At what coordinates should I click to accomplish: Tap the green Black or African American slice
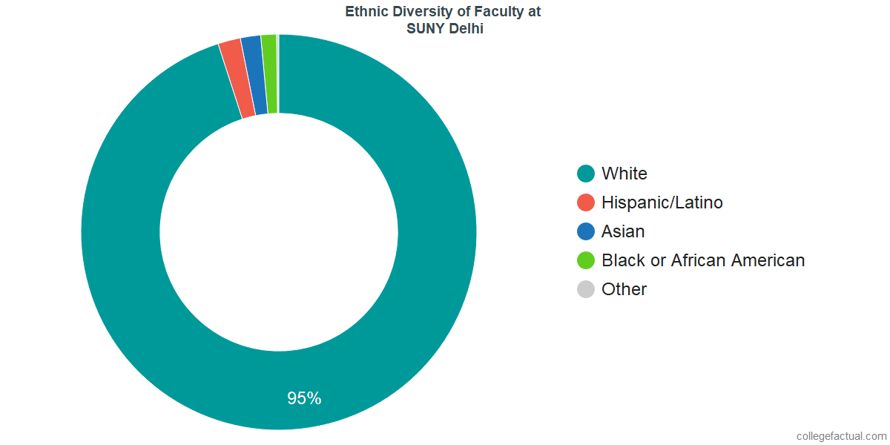click(269, 74)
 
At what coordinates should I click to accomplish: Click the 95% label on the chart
click(304, 398)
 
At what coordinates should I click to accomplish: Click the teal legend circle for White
click(586, 174)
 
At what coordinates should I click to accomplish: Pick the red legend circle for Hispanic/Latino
click(586, 202)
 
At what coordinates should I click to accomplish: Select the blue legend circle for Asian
click(586, 231)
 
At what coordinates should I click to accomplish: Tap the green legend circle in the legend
click(586, 260)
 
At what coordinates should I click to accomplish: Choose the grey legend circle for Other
click(586, 289)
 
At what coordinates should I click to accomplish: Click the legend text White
click(624, 174)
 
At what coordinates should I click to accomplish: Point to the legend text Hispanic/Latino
click(662, 202)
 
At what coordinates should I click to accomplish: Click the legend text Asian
click(623, 231)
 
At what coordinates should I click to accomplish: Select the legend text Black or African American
click(702, 260)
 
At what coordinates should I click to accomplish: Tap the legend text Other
click(624, 289)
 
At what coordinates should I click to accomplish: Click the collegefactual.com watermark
click(840, 436)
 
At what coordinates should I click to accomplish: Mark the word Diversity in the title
click(417, 12)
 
